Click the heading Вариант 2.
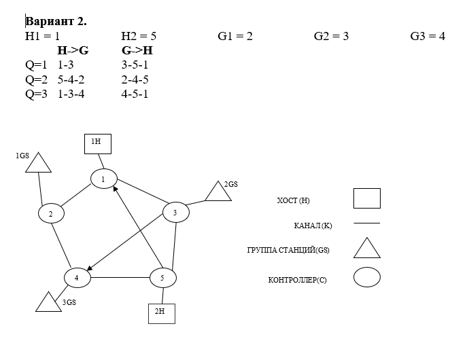click(x=56, y=21)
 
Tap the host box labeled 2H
click(x=161, y=313)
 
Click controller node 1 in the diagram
click(x=103, y=179)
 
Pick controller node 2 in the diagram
click(x=51, y=213)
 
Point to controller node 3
click(x=175, y=213)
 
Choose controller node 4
click(x=77, y=277)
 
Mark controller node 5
click(x=162, y=277)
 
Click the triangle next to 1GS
click(x=39, y=164)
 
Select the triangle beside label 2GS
click(x=218, y=193)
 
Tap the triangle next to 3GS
click(x=49, y=302)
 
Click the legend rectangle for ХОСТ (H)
click(x=366, y=198)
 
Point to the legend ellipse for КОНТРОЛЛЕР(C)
click(x=366, y=277)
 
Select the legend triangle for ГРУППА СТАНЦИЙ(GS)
click(x=366, y=249)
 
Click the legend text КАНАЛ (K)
click(x=308, y=224)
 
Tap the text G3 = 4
click(x=428, y=36)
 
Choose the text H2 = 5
click(x=139, y=36)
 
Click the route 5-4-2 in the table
click(x=71, y=79)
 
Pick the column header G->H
click(x=137, y=50)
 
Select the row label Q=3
click(x=36, y=94)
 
